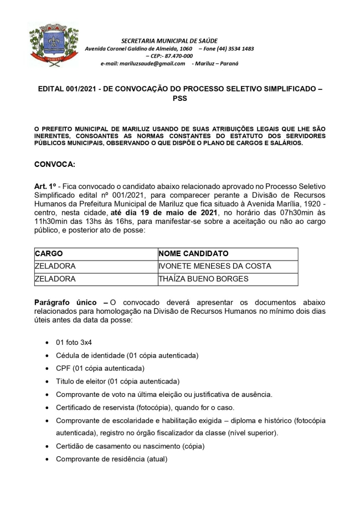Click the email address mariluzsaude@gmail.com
pos(142,63)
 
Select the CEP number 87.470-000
pos(177,56)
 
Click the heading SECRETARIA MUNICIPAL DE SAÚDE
pos(169,41)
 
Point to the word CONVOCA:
pos(54,165)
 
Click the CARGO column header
pos(49,253)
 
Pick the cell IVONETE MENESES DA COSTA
pos(214,266)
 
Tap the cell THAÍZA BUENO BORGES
pos(203,279)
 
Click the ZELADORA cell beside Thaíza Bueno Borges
pos(55,279)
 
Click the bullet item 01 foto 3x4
pos(74,342)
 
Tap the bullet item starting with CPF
pos(100,368)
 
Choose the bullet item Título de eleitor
pos(117,381)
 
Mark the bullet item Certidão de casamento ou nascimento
pos(130,446)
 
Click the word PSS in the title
pos(179,99)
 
